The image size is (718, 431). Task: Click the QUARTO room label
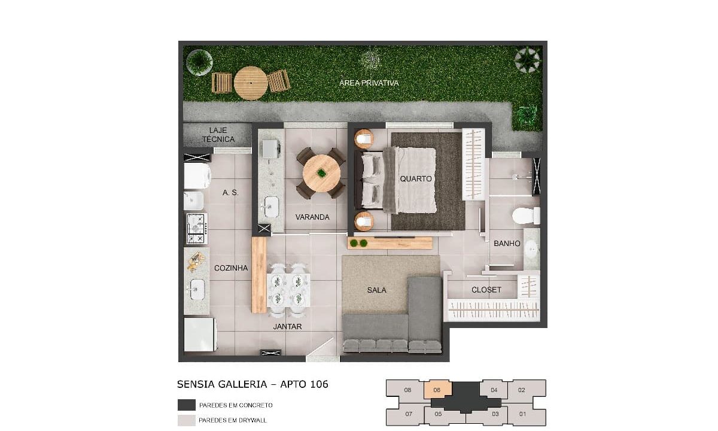pos(416,178)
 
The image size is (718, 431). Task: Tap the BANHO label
pos(507,244)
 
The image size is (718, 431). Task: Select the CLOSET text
pos(486,290)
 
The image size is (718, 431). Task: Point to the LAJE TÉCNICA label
pos(218,135)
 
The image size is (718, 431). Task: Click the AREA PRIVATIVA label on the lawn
pos(369,83)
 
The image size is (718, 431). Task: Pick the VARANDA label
pos(312,217)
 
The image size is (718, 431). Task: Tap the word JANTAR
pos(287,326)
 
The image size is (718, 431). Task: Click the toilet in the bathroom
pos(526,215)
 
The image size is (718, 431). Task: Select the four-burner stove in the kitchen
pos(197,229)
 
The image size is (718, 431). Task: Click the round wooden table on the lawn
pos(251,83)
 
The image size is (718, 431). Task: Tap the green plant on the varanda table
pos(321,174)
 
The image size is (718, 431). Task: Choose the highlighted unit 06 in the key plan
pos(438,390)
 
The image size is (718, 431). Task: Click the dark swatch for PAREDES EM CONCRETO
pos(187,405)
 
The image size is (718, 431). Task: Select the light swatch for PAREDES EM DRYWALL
pos(187,420)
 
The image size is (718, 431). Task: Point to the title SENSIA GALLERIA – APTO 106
pos(252,384)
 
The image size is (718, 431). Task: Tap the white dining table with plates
pos(288,290)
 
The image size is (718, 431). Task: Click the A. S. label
pos(230,193)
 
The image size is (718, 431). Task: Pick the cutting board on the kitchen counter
pos(196,262)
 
